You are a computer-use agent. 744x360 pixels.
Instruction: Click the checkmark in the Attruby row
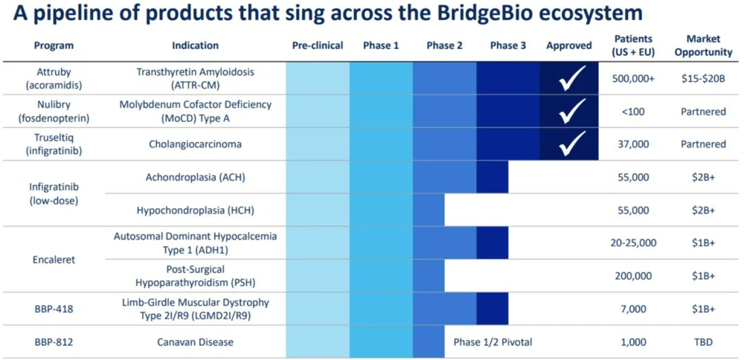[573, 78]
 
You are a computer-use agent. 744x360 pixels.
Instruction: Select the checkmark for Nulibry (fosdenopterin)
[573, 112]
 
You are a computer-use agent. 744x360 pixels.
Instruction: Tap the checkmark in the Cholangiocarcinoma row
[573, 144]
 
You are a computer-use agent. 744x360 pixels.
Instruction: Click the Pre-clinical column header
[318, 45]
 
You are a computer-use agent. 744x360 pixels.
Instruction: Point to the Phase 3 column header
[508, 45]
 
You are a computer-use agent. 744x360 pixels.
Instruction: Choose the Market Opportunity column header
[703, 45]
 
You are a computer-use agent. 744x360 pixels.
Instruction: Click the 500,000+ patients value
[632, 78]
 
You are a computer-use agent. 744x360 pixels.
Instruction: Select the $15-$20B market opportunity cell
[703, 78]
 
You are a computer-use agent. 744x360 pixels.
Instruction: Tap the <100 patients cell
[632, 112]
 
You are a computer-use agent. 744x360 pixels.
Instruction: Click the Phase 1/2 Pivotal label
[493, 342]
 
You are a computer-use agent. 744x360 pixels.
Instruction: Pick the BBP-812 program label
[54, 342]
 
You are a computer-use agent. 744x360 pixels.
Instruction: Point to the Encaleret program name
[54, 260]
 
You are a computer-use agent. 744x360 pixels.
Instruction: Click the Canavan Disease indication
[195, 342]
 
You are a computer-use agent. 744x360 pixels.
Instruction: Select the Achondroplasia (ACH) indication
[195, 177]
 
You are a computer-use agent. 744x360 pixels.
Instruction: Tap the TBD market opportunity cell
[703, 342]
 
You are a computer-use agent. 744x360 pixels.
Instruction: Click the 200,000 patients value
[632, 276]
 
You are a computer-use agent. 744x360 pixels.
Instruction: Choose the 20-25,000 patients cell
[632, 242]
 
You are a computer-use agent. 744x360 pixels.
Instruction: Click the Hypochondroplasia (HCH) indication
[195, 210]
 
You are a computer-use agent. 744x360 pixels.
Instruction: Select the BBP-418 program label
[54, 309]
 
